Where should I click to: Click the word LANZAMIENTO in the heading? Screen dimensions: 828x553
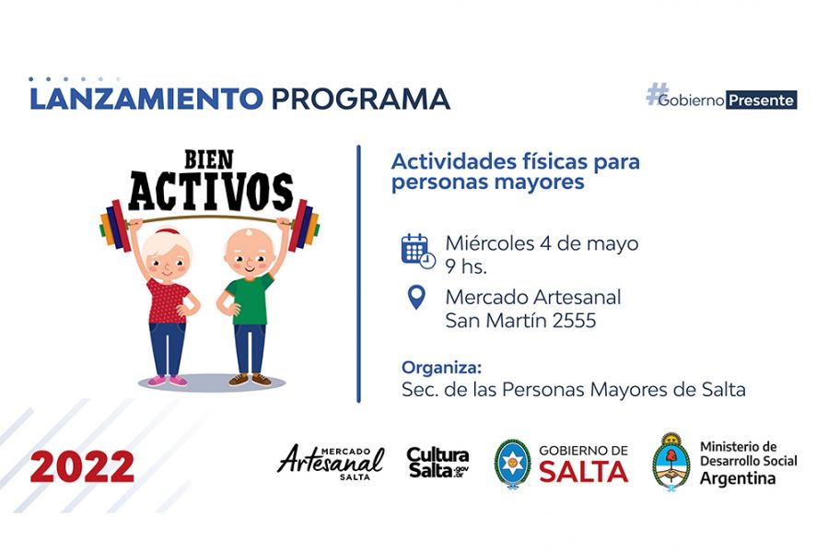point(146,99)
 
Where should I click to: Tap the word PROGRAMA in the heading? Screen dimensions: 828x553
point(361,99)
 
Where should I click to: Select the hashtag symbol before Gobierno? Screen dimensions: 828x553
point(657,94)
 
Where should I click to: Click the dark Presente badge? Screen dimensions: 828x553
point(762,100)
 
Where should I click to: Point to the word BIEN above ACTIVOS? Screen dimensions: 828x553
point(208,159)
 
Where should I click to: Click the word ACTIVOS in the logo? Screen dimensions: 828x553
point(211,191)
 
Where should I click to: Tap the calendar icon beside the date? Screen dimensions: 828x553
point(418,251)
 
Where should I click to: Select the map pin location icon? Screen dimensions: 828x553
point(416,297)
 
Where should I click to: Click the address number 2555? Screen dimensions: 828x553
point(574,321)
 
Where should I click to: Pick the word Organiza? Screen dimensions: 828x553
point(441,367)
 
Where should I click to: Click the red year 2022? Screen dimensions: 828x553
point(82,467)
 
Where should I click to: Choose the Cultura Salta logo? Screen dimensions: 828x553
point(437,463)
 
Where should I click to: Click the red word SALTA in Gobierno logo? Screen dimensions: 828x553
point(584,472)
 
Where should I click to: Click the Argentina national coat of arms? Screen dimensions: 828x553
point(671,462)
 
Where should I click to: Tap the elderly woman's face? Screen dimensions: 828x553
point(166,260)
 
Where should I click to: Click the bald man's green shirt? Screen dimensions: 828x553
point(250,299)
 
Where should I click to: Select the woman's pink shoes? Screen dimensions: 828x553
point(168,380)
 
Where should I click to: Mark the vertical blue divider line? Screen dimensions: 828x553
point(358,274)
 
